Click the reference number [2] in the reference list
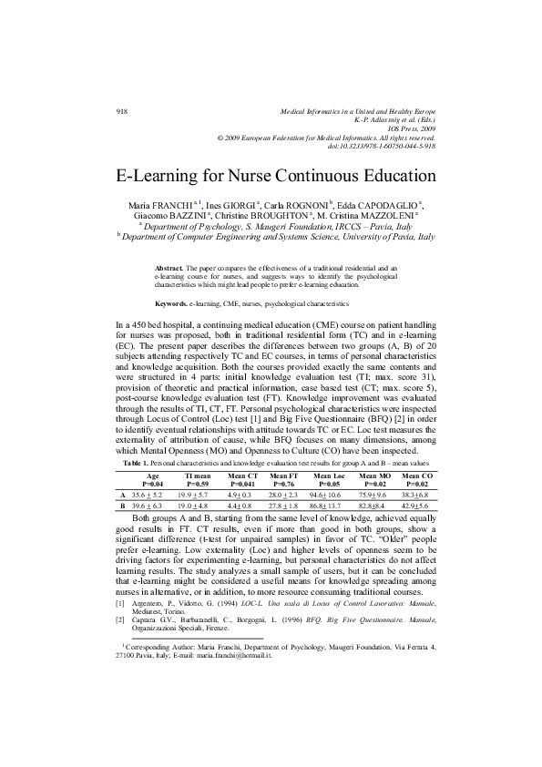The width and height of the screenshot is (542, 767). pos(120,619)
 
